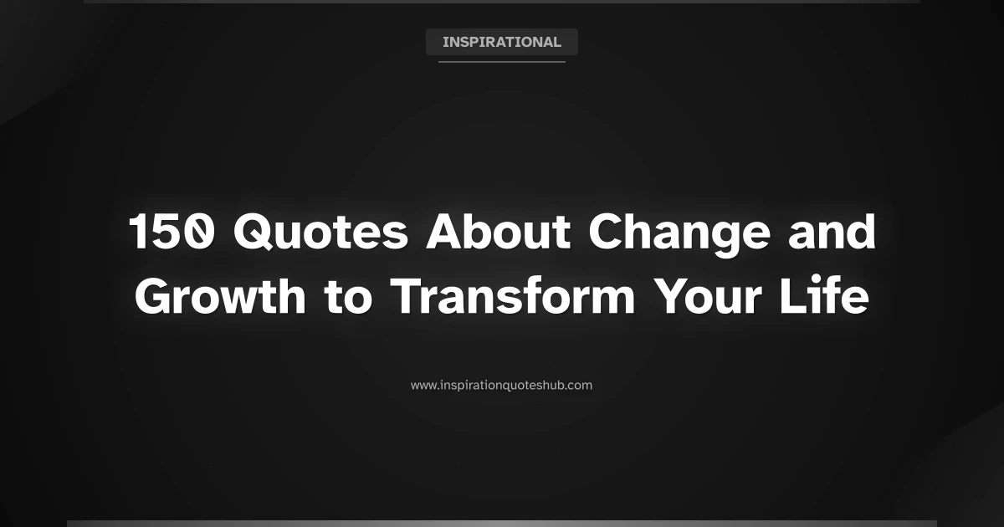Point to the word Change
pyautogui.click(x=677, y=233)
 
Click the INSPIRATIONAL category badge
pyautogui.click(x=501, y=42)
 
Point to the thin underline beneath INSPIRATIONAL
pyautogui.click(x=501, y=61)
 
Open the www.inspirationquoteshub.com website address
pyautogui.click(x=501, y=386)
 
